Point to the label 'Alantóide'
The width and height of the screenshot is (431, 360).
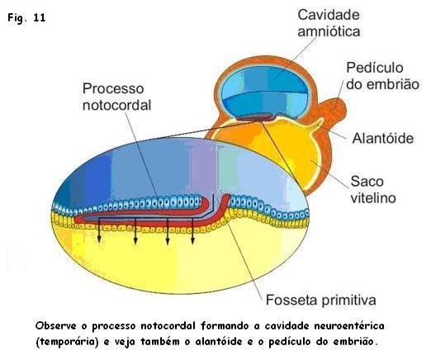[x=381, y=138]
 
